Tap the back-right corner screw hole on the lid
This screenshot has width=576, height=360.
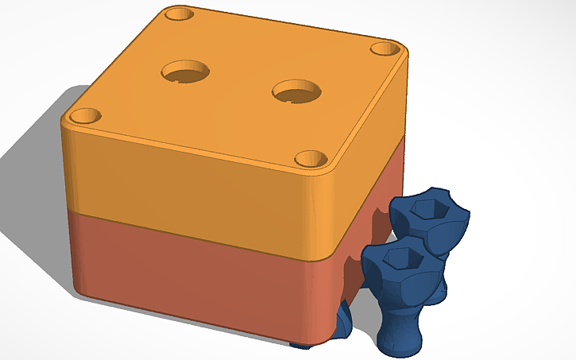pos(386,48)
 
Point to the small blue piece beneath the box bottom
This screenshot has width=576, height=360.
pos(300,345)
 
